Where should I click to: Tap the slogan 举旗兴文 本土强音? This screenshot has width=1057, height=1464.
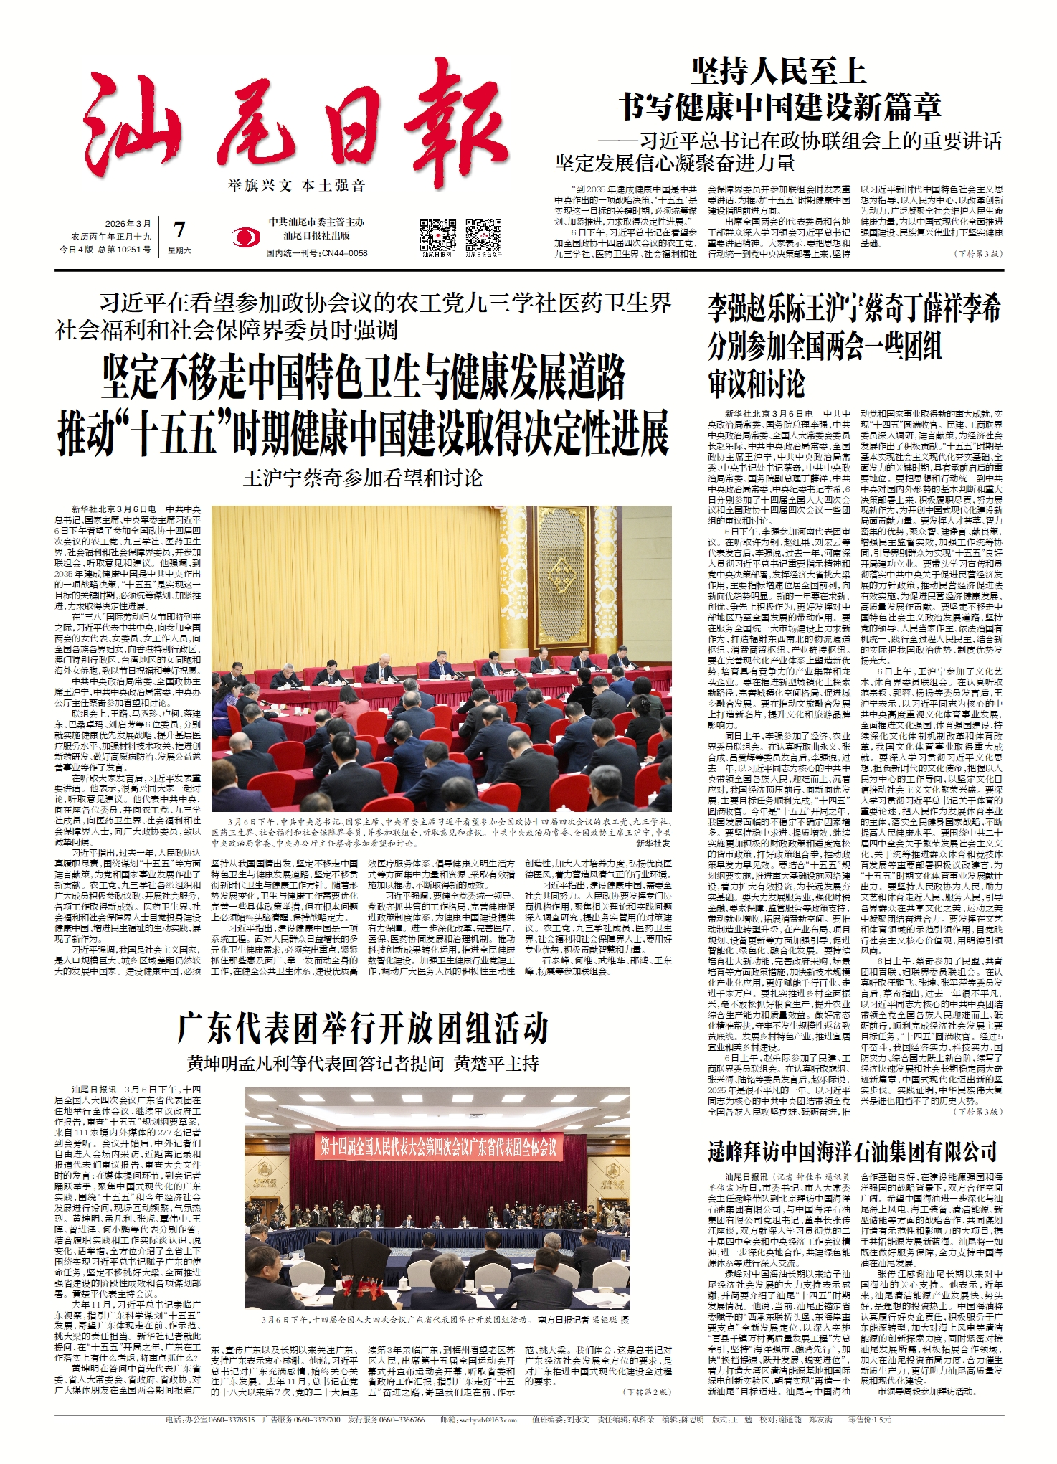pyautogui.click(x=296, y=186)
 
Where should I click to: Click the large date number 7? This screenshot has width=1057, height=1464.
pyautogui.click(x=179, y=230)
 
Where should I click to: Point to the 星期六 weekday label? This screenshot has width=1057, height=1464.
pyautogui.click(x=179, y=250)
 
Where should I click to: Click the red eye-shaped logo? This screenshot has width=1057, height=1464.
pyautogui.click(x=246, y=236)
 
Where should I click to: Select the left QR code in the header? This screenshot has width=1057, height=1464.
pyautogui.click(x=437, y=234)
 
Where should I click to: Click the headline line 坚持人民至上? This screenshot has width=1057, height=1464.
pyautogui.click(x=779, y=72)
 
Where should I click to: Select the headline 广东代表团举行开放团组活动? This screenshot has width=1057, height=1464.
pyautogui.click(x=363, y=1029)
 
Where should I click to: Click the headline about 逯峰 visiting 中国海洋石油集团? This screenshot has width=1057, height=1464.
pyautogui.click(x=852, y=1152)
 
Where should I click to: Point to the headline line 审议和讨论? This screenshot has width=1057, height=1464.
pyautogui.click(x=757, y=383)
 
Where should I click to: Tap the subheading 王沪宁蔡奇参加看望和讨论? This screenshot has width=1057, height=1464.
pyautogui.click(x=363, y=478)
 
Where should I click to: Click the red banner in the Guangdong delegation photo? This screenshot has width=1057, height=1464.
pyautogui.click(x=438, y=1147)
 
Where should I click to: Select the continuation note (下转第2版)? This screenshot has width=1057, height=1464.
pyautogui.click(x=648, y=1392)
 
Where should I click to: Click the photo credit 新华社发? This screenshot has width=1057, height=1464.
pyautogui.click(x=653, y=844)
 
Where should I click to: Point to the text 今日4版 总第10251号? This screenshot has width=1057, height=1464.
pyautogui.click(x=105, y=250)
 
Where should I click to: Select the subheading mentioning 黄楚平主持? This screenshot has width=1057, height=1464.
pyautogui.click(x=363, y=1063)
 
